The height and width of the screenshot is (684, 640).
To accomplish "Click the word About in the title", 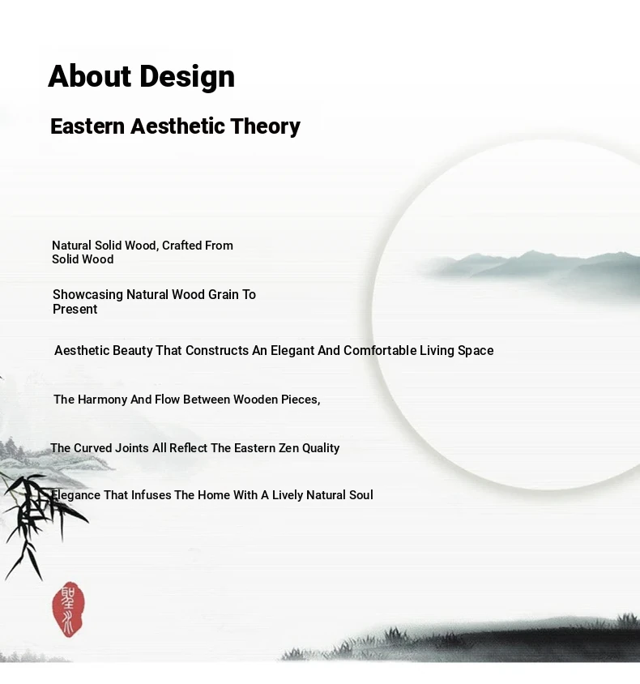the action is [89, 76].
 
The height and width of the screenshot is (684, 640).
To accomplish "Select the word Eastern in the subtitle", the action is [87, 126].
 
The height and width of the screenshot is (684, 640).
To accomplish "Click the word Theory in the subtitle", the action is [265, 127].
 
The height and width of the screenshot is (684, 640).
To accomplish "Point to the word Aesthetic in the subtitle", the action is [177, 126].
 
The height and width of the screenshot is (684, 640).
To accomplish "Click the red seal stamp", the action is [68, 609].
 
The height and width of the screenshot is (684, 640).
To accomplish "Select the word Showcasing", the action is [87, 295].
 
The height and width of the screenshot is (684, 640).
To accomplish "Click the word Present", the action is [75, 310].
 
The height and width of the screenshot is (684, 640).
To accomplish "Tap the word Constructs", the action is [217, 350].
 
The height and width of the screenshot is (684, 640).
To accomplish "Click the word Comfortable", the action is [380, 350].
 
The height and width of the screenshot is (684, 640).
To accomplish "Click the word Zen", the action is [288, 448].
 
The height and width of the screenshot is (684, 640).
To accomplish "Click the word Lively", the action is [288, 495].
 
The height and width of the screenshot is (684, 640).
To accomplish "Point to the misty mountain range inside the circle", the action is [532, 268].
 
